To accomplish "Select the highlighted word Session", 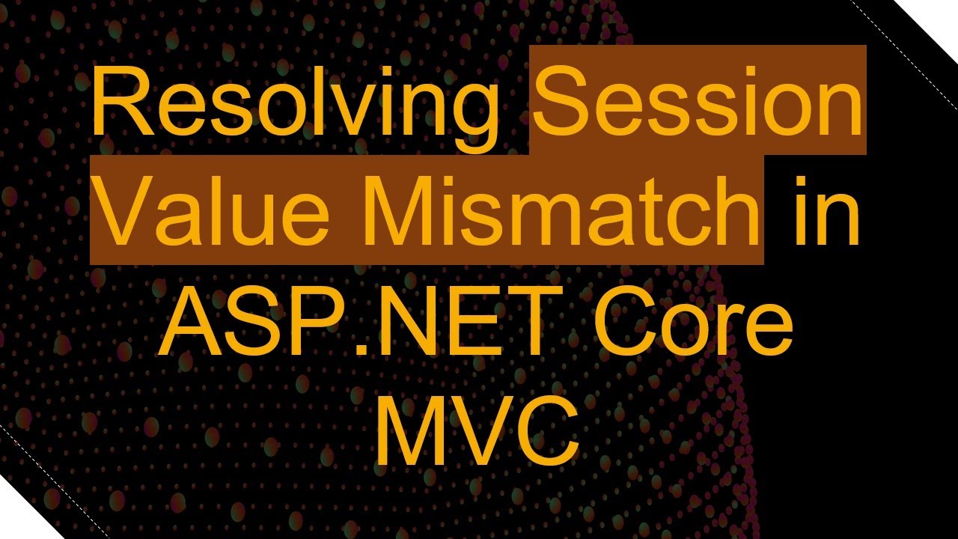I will pyautogui.click(x=698, y=101).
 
